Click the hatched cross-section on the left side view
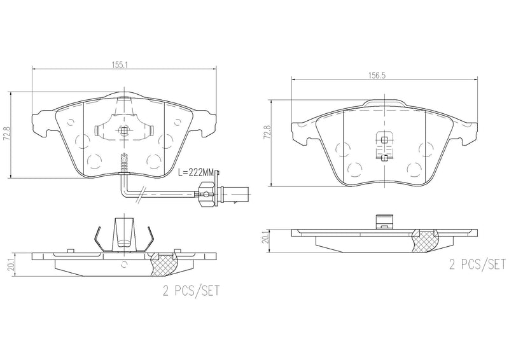165,261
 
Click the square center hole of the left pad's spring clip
124,132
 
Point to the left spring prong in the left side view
96,239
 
